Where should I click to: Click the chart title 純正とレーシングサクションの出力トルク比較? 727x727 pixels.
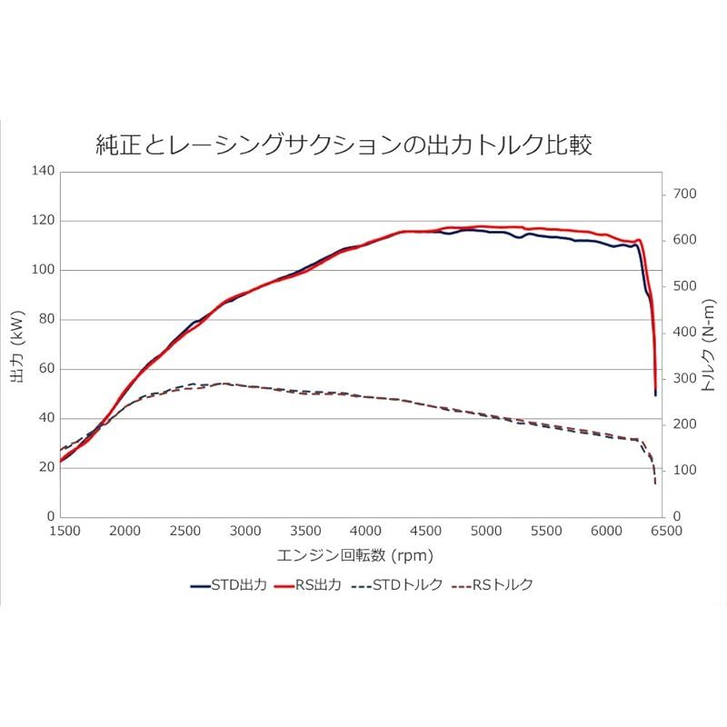pyautogui.click(x=344, y=144)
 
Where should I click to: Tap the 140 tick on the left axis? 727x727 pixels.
pyautogui.click(x=44, y=171)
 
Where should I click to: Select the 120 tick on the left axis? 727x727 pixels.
pyautogui.click(x=44, y=221)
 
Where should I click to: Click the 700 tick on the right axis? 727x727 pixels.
pyautogui.click(x=683, y=194)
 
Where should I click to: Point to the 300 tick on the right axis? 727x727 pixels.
pyautogui.click(x=683, y=378)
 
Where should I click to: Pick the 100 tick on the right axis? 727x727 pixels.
pyautogui.click(x=683, y=471)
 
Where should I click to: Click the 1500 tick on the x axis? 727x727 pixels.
pyautogui.click(x=63, y=531)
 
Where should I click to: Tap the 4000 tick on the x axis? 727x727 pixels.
pyautogui.click(x=364, y=531)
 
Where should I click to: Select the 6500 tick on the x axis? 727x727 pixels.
pyautogui.click(x=666, y=531)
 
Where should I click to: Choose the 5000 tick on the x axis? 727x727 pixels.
pyautogui.click(x=485, y=531)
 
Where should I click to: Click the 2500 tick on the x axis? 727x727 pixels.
pyautogui.click(x=184, y=531)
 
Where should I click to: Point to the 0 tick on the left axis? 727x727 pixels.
pyautogui.click(x=50, y=517)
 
